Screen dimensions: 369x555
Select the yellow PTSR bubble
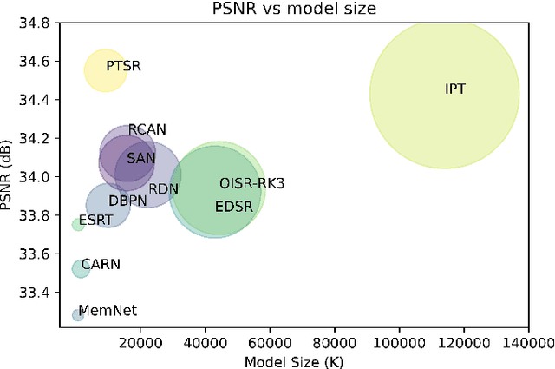105,70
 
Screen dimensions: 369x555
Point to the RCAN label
147,129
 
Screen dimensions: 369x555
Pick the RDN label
164,188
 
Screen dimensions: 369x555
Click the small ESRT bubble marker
78,224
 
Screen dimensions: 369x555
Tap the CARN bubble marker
81,269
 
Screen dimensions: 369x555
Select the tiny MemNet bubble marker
78,314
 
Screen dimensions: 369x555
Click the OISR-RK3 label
251,183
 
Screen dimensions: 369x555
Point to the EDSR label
232,207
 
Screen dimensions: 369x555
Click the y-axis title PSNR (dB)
10,170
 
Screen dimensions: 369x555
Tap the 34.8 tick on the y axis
42,23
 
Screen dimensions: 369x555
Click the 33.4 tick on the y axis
42,293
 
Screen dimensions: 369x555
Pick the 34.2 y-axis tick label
42,139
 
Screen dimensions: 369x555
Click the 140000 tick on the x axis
527,344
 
